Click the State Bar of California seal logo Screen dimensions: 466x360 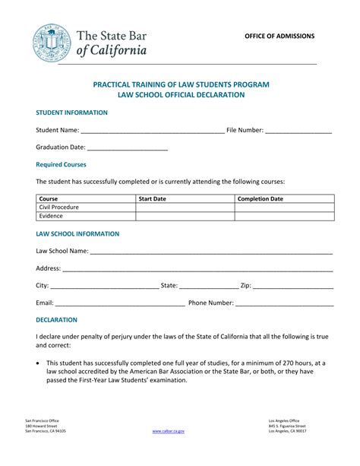tap(52, 42)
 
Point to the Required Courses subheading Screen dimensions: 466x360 tap(62, 164)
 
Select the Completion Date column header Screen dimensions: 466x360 tap(261, 198)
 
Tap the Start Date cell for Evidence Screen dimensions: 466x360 tap(185, 216)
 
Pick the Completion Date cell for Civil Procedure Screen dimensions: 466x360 tap(284, 207)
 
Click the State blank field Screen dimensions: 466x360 tap(209, 287)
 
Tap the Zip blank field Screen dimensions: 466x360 tap(293, 287)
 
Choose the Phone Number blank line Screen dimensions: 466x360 tap(284, 303)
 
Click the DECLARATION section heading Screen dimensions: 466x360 tap(57, 320)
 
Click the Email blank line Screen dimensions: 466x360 tap(120, 303)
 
